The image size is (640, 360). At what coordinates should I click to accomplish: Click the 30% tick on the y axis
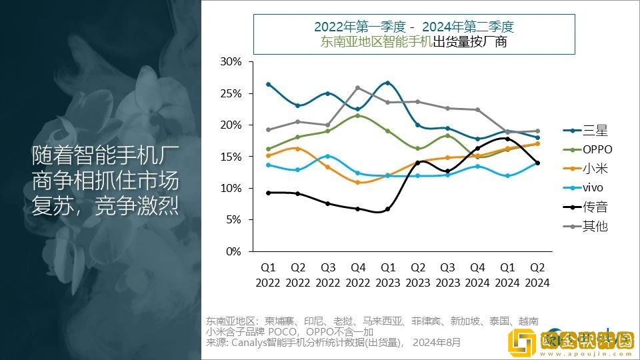[231, 62]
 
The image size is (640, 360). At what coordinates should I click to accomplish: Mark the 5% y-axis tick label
[233, 220]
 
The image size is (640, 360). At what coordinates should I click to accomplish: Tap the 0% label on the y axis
[233, 251]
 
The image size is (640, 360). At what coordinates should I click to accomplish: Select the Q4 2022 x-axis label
[358, 275]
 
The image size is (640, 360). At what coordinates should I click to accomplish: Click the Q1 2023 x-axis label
[388, 275]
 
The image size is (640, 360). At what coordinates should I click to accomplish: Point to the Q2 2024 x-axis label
[537, 275]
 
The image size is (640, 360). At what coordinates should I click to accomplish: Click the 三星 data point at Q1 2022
[268, 84]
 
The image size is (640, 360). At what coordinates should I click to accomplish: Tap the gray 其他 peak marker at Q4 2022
[358, 88]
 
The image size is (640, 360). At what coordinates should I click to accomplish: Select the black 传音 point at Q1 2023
[388, 209]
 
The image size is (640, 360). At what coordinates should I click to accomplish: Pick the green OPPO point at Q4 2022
[358, 115]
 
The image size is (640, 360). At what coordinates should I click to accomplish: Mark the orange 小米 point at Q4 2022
[358, 182]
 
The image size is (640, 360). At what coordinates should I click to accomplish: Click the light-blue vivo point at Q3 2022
[328, 156]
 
